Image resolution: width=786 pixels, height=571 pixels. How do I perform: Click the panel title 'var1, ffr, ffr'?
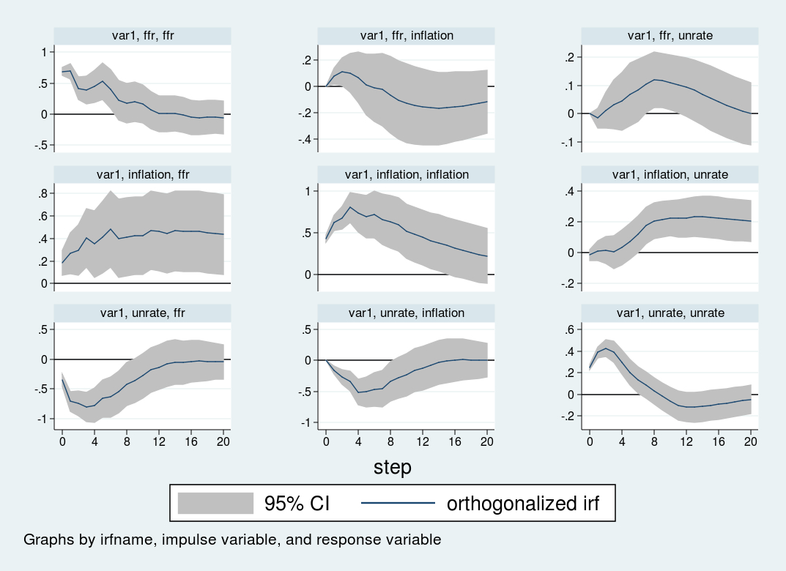pyautogui.click(x=142, y=35)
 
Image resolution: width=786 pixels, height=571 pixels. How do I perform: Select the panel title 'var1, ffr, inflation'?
pyautogui.click(x=407, y=35)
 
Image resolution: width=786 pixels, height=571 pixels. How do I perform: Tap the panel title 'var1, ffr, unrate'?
pyautogui.click(x=670, y=35)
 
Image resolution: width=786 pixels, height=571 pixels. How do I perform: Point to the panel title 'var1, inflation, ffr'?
pyautogui.click(x=142, y=174)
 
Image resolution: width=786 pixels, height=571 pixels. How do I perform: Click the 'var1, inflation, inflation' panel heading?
pyautogui.click(x=407, y=174)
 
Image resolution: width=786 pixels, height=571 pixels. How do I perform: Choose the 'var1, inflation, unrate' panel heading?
pyautogui.click(x=670, y=174)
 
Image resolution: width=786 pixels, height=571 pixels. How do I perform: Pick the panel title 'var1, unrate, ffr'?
pyautogui.click(x=142, y=313)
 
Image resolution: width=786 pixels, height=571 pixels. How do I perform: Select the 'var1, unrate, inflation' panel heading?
pyautogui.click(x=407, y=313)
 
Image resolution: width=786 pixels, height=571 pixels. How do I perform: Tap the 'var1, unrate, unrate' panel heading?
pyautogui.click(x=670, y=313)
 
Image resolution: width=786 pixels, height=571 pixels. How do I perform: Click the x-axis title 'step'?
pyautogui.click(x=393, y=466)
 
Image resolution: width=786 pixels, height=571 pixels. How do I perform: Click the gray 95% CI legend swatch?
pyautogui.click(x=215, y=503)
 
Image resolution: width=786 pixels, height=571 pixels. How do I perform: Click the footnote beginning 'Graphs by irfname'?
pyautogui.click(x=232, y=540)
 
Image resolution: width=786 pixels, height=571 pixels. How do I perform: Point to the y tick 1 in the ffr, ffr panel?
pyautogui.click(x=44, y=52)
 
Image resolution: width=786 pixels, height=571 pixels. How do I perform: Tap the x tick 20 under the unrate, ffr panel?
pyautogui.click(x=223, y=441)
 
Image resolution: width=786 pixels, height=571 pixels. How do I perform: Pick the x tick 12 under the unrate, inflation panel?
pyautogui.click(x=423, y=441)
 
